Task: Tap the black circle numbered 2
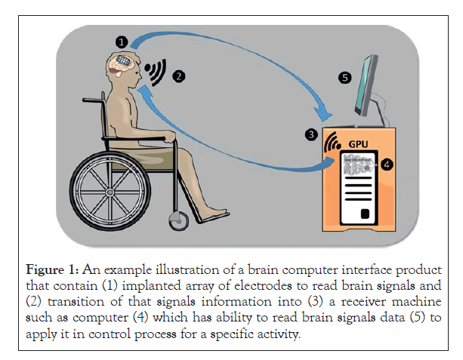[x=178, y=75]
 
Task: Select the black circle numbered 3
[x=310, y=135]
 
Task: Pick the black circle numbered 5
[x=345, y=78]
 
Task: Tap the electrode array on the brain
[x=125, y=61]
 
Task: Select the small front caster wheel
[x=179, y=220]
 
